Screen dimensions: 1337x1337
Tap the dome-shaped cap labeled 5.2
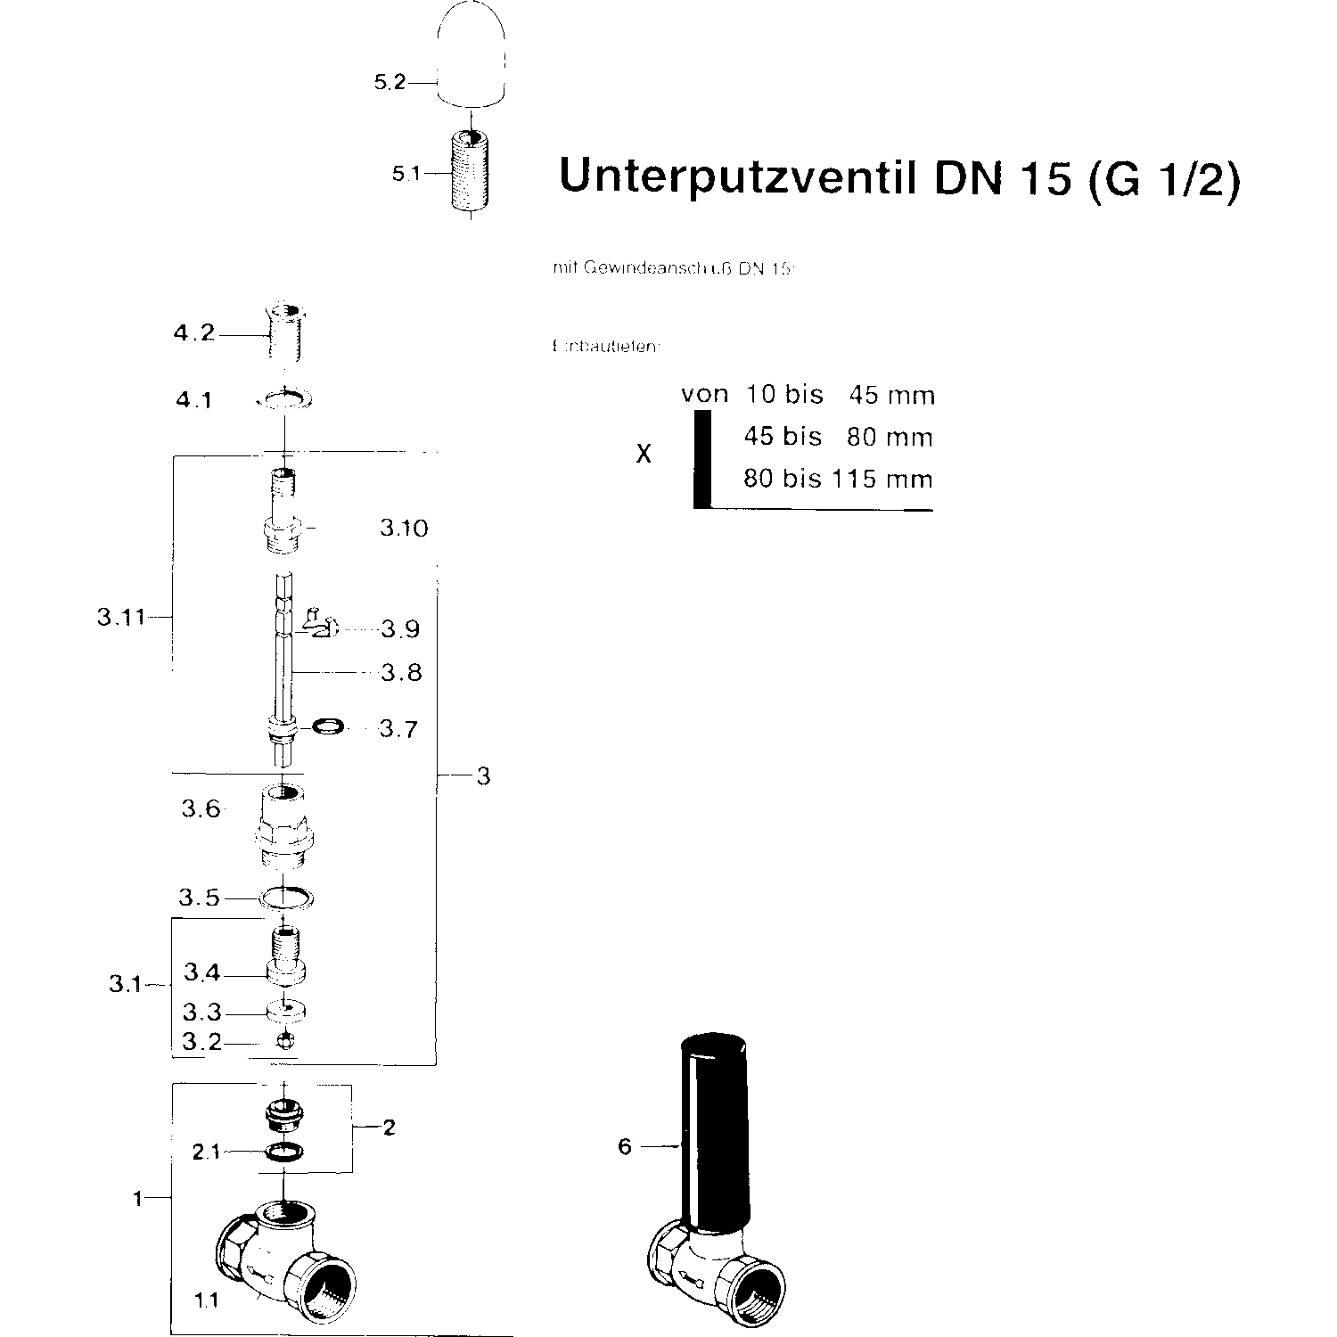[x=472, y=55]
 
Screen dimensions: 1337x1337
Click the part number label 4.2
[x=194, y=334]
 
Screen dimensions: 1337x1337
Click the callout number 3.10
[x=404, y=529]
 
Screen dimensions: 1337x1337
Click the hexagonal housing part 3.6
[x=284, y=828]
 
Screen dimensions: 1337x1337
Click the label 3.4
[x=201, y=972]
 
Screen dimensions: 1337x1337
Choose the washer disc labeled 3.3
[x=285, y=1011]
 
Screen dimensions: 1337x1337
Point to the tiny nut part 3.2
[x=285, y=1040]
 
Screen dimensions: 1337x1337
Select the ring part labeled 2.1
[x=283, y=1152]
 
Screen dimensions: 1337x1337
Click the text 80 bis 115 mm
[x=838, y=480]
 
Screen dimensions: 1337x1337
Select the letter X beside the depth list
[x=644, y=455]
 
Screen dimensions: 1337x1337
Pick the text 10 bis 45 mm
[x=840, y=395]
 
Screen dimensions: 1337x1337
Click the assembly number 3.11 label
[x=120, y=617]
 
